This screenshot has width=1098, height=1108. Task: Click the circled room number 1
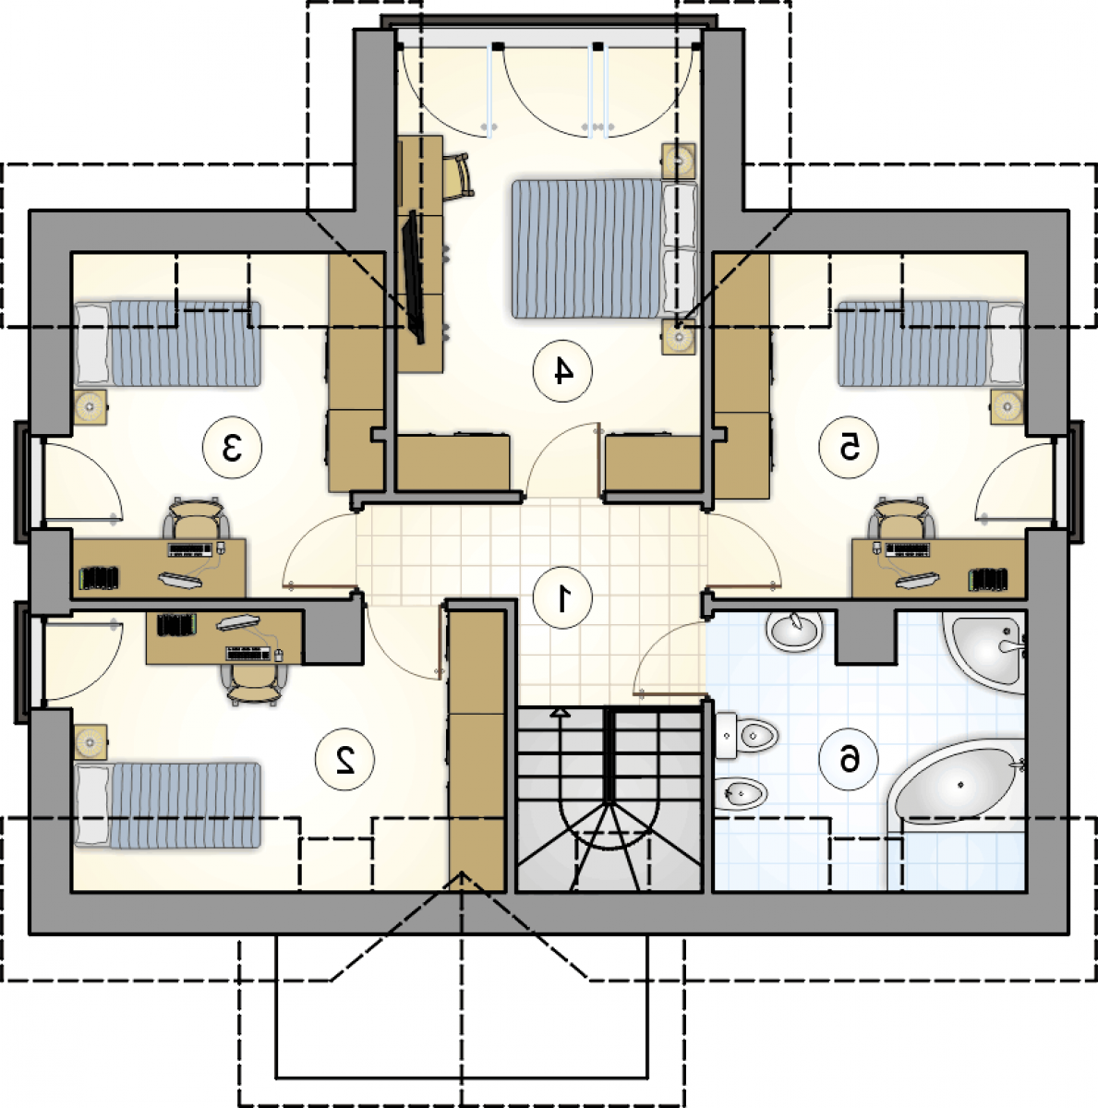[562, 599]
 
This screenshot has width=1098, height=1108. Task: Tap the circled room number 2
[345, 760]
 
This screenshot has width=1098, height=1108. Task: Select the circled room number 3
[232, 448]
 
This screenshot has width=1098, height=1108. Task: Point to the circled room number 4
[562, 371]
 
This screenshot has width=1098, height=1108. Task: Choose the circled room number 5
[849, 448]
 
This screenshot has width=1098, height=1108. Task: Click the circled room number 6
[849, 760]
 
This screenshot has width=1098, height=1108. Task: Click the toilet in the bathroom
[746, 734]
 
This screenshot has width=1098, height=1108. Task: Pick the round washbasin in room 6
[794, 631]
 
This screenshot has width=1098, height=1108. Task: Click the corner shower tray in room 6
[983, 652]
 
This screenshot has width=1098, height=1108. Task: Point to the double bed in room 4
[605, 248]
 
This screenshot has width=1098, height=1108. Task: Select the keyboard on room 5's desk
[907, 549]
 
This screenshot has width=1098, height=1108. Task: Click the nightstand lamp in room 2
[90, 741]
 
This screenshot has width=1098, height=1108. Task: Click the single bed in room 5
[930, 343]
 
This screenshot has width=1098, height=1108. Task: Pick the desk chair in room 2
[253, 685]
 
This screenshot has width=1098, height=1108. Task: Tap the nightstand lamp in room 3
[90, 407]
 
